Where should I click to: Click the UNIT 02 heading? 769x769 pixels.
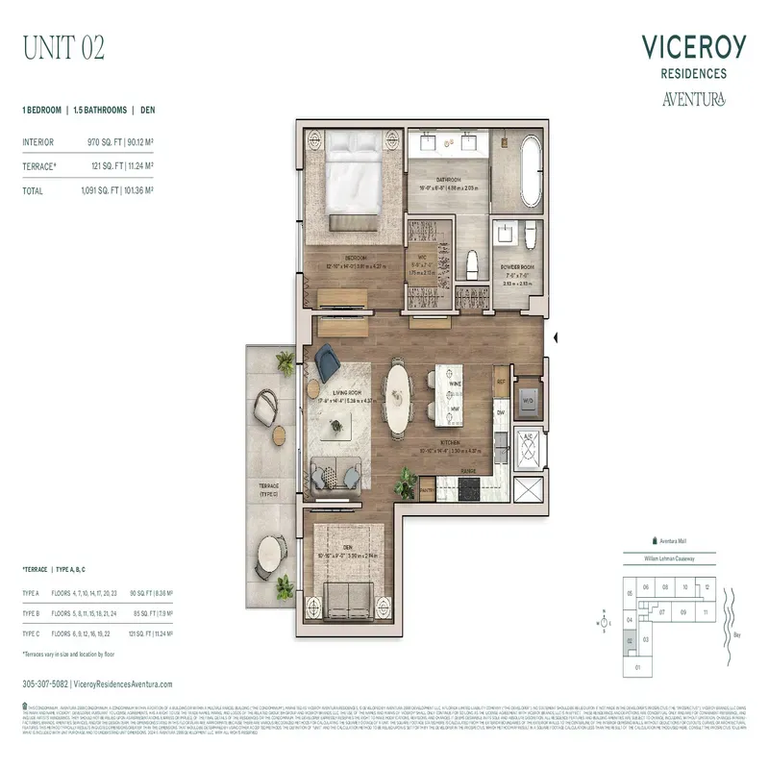coord(63,45)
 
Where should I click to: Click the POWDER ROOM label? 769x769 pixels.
coord(518,268)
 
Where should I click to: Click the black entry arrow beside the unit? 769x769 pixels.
coord(556,336)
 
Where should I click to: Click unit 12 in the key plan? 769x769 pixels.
coord(708,586)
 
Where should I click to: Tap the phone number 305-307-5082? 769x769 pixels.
coord(45,683)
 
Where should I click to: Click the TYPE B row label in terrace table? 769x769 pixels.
coord(31,612)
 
